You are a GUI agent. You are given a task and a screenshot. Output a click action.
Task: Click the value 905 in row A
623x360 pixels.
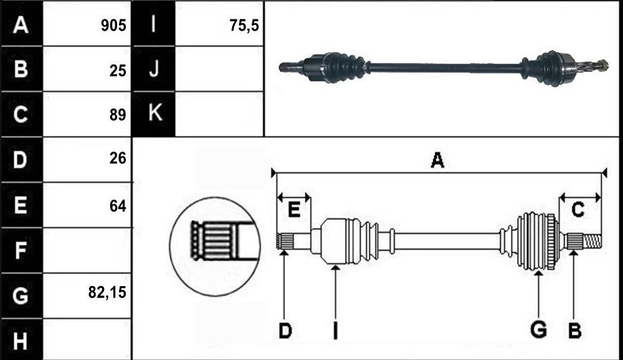point(113,26)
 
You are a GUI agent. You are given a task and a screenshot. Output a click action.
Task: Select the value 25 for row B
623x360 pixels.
point(118,71)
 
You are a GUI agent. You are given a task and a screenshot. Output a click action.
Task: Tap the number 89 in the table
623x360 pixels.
point(118,115)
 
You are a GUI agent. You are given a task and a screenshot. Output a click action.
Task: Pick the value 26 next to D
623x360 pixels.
point(118,158)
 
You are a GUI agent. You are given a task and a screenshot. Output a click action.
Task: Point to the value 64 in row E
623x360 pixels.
point(118,206)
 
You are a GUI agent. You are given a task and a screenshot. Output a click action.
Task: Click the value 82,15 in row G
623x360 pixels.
point(107,292)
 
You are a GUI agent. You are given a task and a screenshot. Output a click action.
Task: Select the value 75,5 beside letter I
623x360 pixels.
point(244,26)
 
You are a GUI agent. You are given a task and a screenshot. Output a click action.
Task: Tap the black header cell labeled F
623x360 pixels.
point(21,250)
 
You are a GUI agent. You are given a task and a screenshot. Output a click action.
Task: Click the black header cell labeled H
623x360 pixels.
point(21,340)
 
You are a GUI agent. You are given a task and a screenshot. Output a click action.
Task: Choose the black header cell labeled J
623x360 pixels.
point(153,69)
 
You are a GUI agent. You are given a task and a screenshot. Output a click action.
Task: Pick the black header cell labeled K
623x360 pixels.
point(153,114)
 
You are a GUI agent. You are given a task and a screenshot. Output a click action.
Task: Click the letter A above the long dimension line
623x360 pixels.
point(438,160)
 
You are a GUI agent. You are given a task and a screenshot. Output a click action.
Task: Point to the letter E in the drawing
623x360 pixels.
point(294,209)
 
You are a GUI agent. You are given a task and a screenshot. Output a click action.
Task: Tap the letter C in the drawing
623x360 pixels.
point(578,209)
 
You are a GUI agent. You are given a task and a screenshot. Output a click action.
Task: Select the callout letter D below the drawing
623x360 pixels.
point(286,331)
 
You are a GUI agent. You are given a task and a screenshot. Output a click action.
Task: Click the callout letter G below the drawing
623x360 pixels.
point(538,330)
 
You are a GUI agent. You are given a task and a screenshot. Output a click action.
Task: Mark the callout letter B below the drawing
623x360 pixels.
point(575,331)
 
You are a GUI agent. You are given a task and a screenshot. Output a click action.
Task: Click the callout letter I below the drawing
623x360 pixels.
point(336,331)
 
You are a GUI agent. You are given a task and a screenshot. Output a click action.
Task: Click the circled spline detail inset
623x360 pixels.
point(215,246)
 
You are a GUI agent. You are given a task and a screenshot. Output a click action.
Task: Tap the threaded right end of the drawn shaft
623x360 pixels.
point(592,240)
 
